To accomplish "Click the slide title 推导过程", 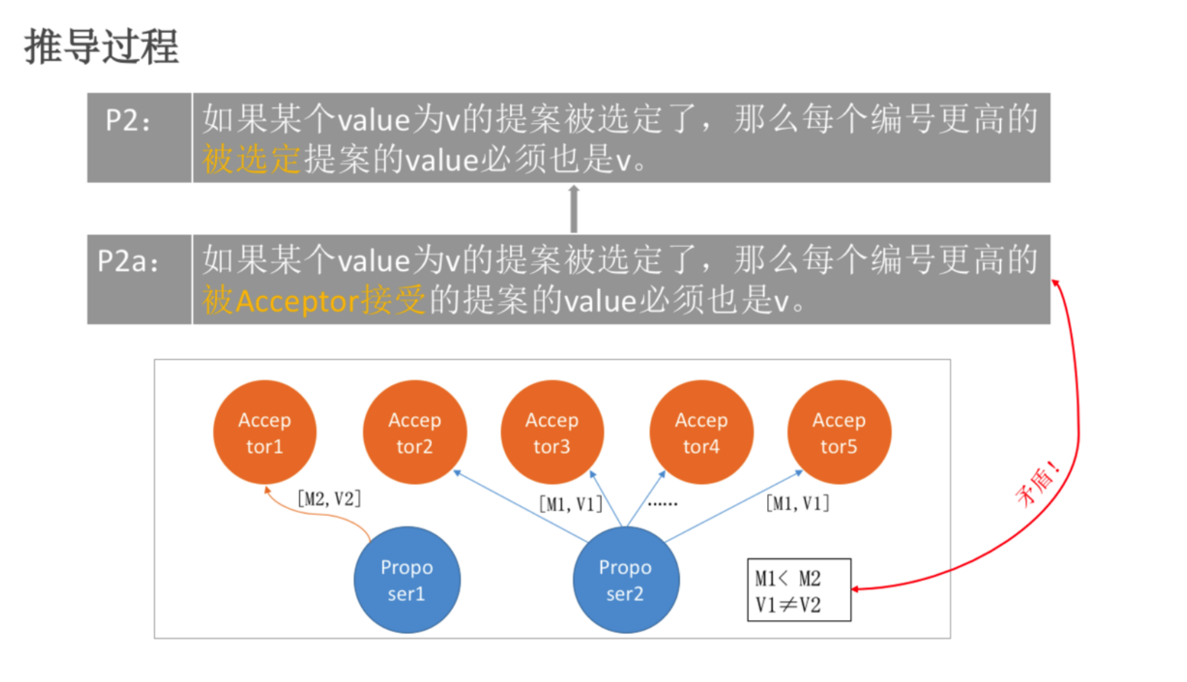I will point(102,47).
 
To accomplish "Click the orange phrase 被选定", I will point(251,160).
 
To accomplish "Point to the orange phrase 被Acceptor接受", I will point(313,301).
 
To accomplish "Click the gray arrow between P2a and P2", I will point(573,208).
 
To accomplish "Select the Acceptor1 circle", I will point(265,432).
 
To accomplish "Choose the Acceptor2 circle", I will point(415,432).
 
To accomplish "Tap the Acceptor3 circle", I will point(552,432).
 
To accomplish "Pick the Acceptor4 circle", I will point(701,432).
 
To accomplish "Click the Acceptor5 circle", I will point(839,432).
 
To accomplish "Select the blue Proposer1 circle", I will point(407,580).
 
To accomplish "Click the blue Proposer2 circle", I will point(626,580).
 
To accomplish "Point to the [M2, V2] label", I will point(329,498).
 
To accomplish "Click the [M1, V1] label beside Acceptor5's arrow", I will point(798,503).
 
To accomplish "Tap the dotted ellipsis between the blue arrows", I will point(663,504).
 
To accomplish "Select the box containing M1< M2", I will point(799,590).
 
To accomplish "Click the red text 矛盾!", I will point(1038,484).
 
